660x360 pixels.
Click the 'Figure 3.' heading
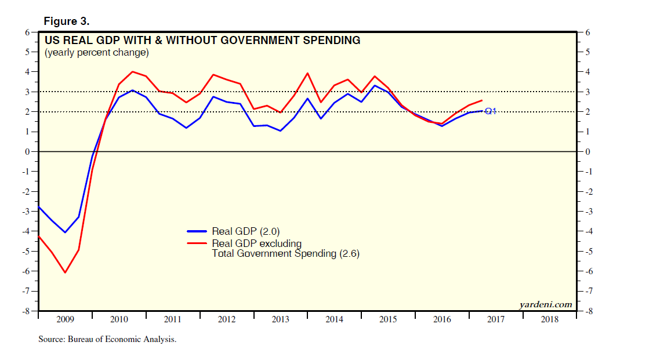66,21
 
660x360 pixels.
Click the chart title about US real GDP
202,41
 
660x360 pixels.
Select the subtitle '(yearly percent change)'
96,53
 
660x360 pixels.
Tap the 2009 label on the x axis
65,319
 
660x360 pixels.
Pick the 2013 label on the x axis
281,319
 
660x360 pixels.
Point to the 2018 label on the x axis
550,319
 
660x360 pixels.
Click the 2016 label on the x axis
442,319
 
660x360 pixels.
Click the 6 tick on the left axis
27,32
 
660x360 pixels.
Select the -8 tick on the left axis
26,311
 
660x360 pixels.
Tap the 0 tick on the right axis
588,152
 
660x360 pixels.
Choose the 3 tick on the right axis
588,92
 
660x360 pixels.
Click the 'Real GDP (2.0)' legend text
246,232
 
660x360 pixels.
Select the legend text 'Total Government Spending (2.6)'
286,253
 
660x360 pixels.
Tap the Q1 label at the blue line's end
491,111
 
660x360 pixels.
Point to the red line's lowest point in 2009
65,272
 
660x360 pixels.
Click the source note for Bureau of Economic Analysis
107,339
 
